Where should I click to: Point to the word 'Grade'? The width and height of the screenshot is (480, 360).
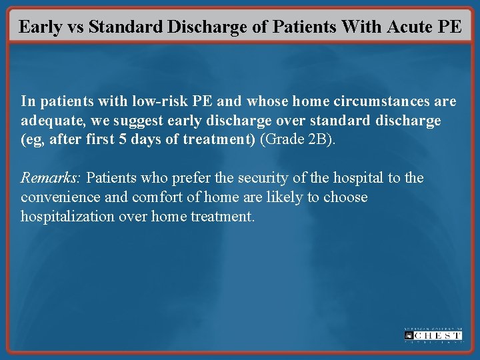coord(285,140)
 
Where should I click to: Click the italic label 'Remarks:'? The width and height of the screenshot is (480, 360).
coord(51,179)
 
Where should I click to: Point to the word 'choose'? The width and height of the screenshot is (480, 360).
coord(345,198)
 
